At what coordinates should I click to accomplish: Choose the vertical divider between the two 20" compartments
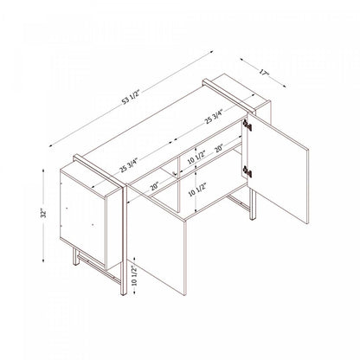[178, 173]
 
